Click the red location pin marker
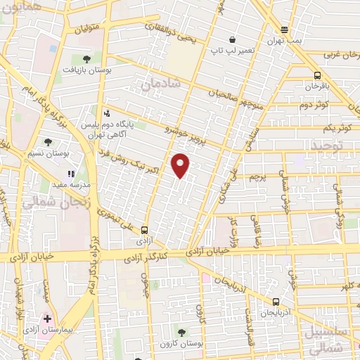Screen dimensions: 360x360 [x=181, y=165]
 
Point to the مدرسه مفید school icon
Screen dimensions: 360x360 [x=70, y=173]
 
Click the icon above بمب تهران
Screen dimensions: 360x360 [x=284, y=30]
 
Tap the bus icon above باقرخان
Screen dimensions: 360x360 [x=317, y=75]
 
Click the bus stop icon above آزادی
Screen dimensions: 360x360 [x=145, y=229]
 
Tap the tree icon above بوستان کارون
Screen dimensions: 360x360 [x=181, y=332]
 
